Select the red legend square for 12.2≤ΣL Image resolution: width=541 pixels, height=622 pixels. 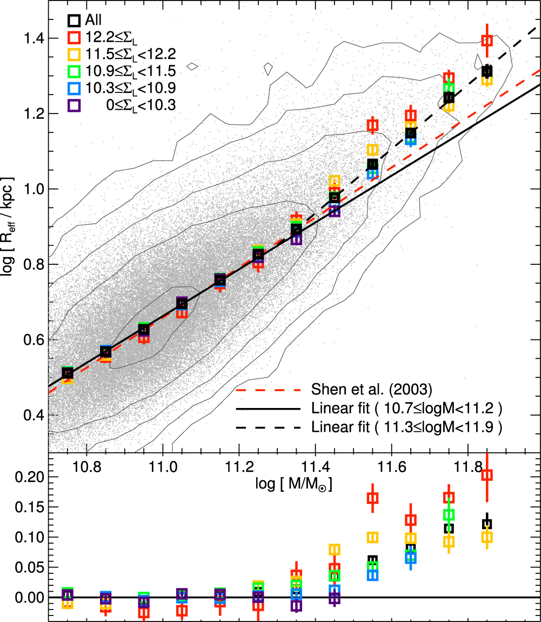[75, 37]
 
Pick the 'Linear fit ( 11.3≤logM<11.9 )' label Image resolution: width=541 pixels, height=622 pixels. [407, 427]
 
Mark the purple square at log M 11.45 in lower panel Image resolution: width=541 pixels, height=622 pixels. [335, 598]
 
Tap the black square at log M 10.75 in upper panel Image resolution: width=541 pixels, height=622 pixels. [68, 373]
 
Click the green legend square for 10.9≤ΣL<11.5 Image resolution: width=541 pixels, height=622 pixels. [75, 71]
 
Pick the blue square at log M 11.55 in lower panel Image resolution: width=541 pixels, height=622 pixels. [372, 574]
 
